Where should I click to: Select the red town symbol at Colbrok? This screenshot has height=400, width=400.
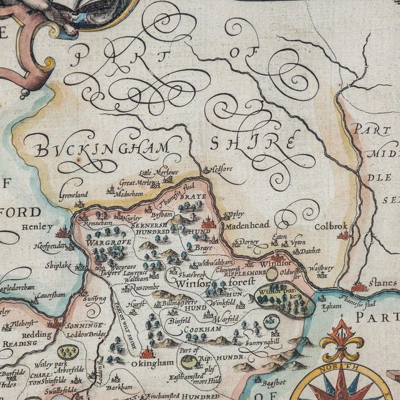[x=342, y=236]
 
